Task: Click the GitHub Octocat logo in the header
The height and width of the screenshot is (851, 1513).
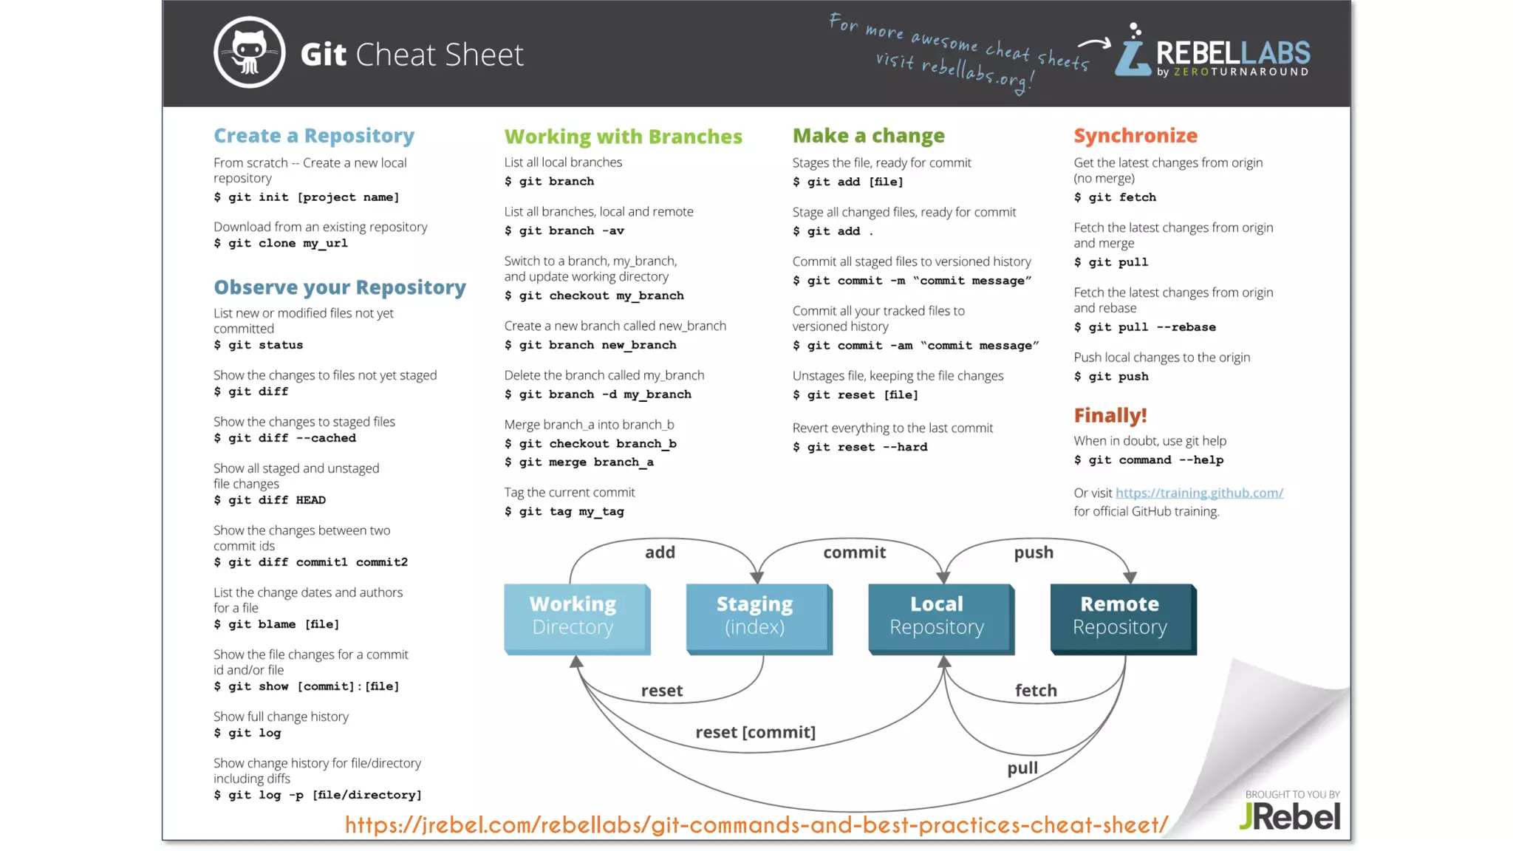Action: coord(249,52)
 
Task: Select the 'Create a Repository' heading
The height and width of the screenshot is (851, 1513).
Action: coord(314,136)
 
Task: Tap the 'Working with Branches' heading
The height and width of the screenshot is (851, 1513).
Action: coord(623,137)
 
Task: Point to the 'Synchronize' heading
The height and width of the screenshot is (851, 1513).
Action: coord(1135,136)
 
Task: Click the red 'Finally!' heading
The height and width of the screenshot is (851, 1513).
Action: coord(1110,416)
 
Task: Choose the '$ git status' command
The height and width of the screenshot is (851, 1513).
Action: coord(259,345)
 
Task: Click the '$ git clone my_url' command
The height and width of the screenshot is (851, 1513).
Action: coord(281,243)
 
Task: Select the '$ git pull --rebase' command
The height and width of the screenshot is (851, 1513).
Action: coord(1144,327)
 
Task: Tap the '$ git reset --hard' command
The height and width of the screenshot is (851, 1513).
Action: coord(860,447)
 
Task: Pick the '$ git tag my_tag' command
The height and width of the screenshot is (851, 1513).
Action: coord(564,511)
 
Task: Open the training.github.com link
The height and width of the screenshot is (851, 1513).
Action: coord(1199,493)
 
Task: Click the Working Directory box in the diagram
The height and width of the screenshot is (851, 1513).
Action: coord(576,618)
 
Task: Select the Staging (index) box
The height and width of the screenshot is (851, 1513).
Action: coord(757,618)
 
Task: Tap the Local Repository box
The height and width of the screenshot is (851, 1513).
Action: coord(939,618)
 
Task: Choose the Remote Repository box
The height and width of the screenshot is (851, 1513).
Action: coord(1121,618)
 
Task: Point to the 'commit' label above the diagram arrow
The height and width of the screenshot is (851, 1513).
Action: coord(854,553)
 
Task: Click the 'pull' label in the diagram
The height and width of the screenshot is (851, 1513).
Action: coord(1022,768)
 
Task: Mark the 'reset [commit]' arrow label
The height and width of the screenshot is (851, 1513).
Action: coord(755,732)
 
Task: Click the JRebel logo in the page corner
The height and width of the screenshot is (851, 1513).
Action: coord(1290,816)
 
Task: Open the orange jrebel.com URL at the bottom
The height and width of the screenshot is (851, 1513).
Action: coord(756,824)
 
